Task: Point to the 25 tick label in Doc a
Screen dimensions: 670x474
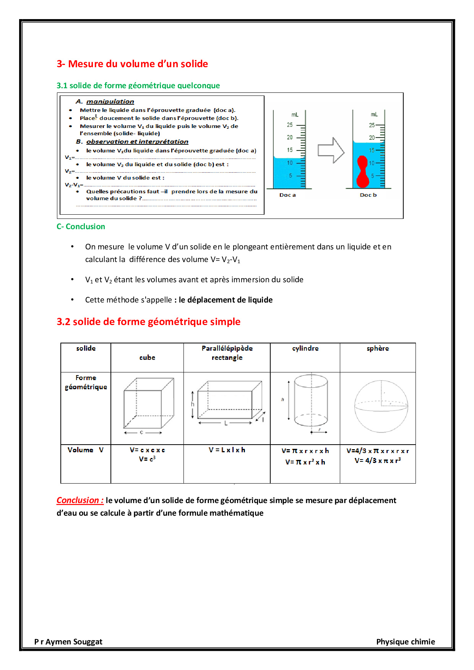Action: pos(290,125)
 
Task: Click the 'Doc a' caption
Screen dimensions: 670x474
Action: pos(287,195)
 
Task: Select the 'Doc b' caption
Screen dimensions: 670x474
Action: pos(368,195)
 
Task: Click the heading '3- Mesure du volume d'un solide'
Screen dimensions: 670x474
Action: pos(132,64)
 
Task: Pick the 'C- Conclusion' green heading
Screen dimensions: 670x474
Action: pos(81,227)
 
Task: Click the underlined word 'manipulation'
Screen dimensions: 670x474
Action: pos(110,102)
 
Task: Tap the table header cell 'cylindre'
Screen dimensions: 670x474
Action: pos(305,348)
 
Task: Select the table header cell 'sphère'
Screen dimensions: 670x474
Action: pos(378,348)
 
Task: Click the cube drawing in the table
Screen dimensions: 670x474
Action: pos(148,404)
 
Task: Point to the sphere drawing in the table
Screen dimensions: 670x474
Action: pos(381,406)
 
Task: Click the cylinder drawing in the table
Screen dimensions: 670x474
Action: pos(311,401)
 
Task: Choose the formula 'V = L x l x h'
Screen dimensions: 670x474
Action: pos(227,450)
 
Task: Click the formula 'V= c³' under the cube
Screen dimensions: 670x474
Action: pos(147,459)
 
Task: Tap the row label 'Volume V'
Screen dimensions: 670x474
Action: pos(86,450)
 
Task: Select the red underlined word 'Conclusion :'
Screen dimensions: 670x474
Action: pos(80,500)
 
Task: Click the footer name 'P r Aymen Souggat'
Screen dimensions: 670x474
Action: pos(68,642)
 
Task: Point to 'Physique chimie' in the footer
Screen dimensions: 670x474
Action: pos(406,642)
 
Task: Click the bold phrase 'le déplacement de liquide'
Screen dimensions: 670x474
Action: pos(226,300)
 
